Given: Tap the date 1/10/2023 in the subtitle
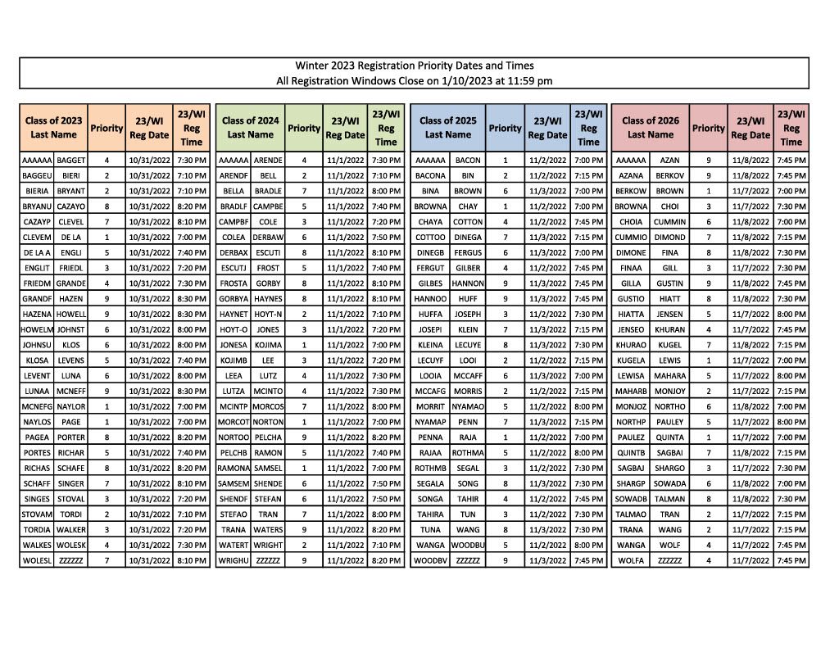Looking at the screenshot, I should [x=466, y=80].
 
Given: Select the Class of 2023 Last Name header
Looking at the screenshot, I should [x=53, y=127].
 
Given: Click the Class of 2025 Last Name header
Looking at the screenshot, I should [x=447, y=127].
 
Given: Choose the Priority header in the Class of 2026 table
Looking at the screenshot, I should [x=708, y=128].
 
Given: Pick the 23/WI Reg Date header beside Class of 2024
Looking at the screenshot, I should [x=345, y=128].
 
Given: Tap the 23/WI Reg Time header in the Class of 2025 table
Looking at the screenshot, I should [x=588, y=128].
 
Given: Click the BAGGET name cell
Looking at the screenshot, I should [x=71, y=161].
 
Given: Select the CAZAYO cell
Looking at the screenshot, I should [x=71, y=206].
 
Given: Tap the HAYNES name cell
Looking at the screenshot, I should [x=268, y=299].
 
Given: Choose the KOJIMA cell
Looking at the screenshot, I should [x=268, y=345].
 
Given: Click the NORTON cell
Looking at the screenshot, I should [x=268, y=422].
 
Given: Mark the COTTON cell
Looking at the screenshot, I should [x=468, y=222].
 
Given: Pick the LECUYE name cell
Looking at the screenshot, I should [x=468, y=345].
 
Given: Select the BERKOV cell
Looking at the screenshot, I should [x=669, y=176].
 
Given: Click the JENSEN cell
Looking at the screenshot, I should [x=669, y=314].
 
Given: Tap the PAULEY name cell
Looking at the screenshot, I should [x=669, y=422].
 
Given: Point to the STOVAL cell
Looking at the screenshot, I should [x=71, y=499].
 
